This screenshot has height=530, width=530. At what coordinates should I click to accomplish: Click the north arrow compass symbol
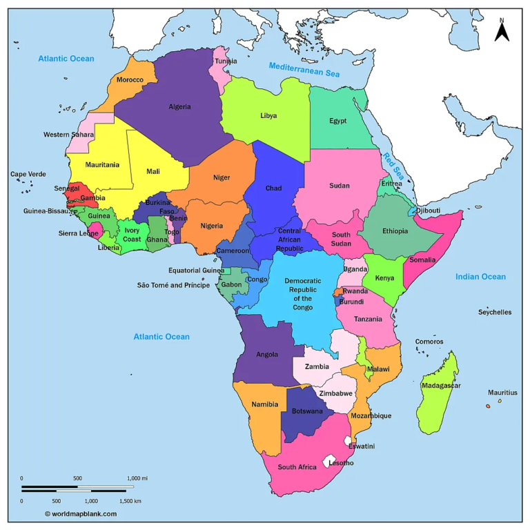[502, 31]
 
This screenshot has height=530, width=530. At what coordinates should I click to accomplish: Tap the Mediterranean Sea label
[304, 68]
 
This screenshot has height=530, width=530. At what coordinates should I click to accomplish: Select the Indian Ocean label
[480, 277]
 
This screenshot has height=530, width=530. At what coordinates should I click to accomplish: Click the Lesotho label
[341, 463]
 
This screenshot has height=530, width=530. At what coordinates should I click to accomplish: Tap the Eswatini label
[361, 446]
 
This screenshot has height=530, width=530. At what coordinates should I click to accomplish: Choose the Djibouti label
[428, 210]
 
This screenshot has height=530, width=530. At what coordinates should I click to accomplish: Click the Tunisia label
[226, 61]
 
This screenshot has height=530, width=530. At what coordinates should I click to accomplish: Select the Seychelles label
[495, 312]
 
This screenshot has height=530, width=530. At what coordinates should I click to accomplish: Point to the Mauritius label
[502, 393]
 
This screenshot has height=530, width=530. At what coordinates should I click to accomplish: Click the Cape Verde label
[28, 174]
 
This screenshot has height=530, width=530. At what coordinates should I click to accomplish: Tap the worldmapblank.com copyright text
[81, 513]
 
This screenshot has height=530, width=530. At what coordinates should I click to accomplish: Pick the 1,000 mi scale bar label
[137, 478]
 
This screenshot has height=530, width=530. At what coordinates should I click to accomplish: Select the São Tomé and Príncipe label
[173, 285]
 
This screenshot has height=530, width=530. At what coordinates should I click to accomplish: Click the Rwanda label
[355, 291]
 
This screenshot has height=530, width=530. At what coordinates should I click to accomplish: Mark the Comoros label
[429, 342]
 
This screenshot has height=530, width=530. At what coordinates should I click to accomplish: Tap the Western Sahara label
[68, 135]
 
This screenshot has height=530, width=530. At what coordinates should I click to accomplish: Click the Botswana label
[307, 411]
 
